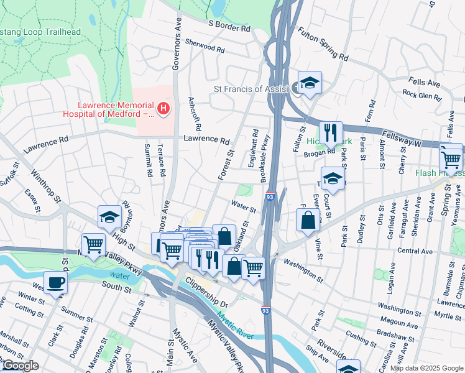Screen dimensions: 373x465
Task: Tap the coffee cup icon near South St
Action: click(55, 282)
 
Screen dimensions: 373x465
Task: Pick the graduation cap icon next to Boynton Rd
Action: click(109, 217)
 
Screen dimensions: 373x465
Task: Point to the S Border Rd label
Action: click(229, 29)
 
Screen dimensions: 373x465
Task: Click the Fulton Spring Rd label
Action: click(323, 44)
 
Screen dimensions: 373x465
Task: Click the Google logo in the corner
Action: click(21, 366)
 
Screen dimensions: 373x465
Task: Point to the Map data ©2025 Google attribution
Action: click(426, 368)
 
